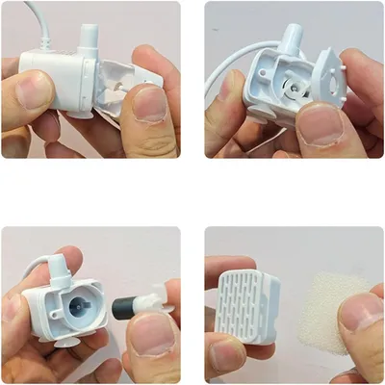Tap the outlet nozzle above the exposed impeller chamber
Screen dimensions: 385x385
coord(292,33)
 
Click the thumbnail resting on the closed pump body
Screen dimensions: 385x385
coord(35,90)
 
